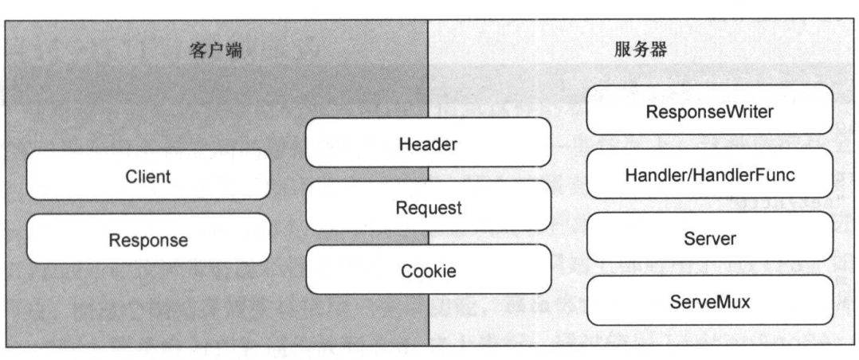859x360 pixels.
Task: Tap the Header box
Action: (x=429, y=143)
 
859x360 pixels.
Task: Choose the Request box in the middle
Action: (x=429, y=207)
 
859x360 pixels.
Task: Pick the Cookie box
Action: (x=429, y=271)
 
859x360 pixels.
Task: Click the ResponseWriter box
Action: (x=709, y=110)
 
